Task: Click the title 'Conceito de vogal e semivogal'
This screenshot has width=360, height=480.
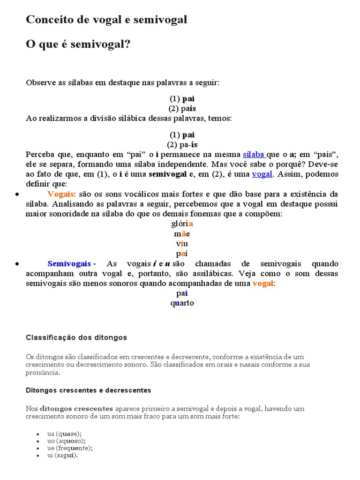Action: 106,20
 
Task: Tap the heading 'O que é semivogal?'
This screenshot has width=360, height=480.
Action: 78,44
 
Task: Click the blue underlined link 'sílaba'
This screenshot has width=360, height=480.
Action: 254,154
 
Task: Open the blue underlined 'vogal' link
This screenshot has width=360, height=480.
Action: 262,174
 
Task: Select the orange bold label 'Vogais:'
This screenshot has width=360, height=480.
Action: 61,194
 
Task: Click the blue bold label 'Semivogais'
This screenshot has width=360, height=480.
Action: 69,264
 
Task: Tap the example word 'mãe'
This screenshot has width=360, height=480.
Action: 182,233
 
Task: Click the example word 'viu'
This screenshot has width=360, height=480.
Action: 182,244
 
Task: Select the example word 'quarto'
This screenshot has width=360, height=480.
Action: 182,303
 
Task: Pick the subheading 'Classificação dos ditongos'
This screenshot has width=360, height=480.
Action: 76,337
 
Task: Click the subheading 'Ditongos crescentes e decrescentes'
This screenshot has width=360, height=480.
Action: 89,390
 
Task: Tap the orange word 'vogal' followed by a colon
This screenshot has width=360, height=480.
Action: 262,284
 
